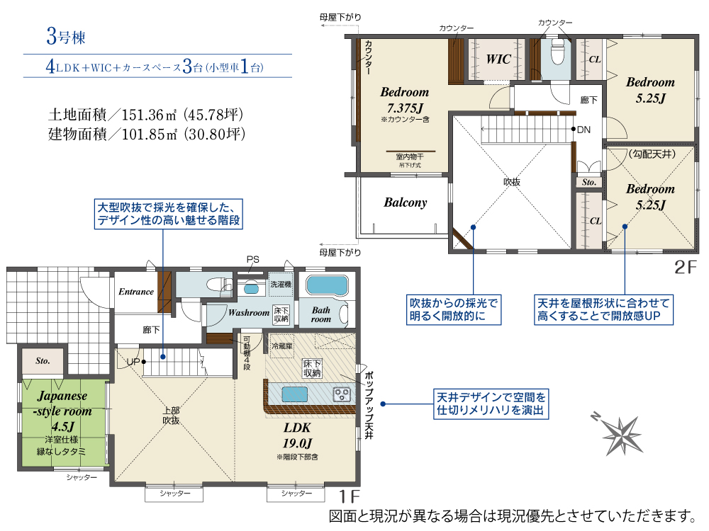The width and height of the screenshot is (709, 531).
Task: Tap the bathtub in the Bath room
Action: pos(327,285)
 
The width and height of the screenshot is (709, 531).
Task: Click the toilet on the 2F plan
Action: pos(557,52)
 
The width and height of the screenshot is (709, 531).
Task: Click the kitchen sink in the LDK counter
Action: pos(295,394)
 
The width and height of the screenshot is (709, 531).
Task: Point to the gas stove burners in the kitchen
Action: pos(342,394)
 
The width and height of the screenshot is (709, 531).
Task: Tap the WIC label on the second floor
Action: pos(498,59)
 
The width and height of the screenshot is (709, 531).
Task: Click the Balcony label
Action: pos(405,202)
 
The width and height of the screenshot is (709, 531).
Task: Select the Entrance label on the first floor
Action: pos(136,292)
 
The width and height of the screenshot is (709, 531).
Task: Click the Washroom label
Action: pos(249,312)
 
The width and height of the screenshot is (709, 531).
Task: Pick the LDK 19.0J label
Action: pos(297,435)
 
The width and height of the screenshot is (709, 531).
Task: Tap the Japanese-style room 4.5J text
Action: pos(62,411)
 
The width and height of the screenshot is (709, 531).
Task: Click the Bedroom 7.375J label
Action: pos(405,100)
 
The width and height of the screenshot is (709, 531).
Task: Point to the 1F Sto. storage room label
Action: pos(43,361)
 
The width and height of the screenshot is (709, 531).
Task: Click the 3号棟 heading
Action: pos(65,36)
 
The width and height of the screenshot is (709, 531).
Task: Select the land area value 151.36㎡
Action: pos(149,115)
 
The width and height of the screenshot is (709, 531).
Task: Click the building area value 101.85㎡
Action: pos(149,134)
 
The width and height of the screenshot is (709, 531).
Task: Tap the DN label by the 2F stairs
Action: pos(584,130)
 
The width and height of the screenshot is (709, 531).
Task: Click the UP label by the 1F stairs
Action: pos(133,362)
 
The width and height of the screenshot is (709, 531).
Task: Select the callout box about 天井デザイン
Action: pos(491,404)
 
